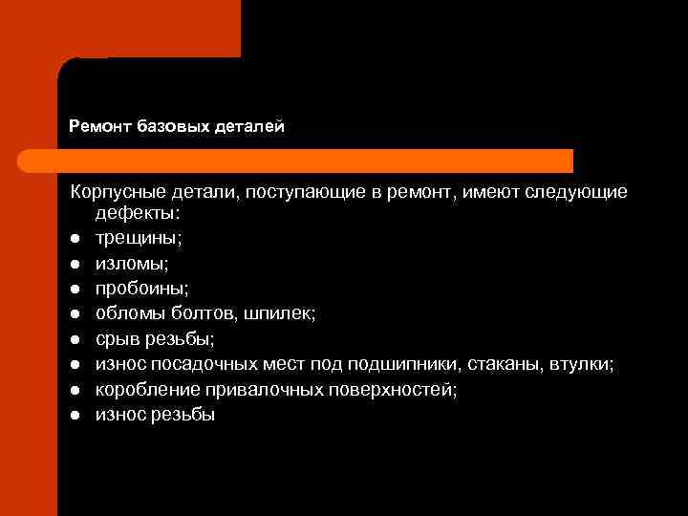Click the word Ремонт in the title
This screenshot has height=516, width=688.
tap(100, 126)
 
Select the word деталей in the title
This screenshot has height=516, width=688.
tap(252, 126)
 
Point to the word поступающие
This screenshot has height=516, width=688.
tap(303, 192)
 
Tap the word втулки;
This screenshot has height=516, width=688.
tap(585, 364)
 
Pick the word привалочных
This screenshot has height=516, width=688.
tap(261, 389)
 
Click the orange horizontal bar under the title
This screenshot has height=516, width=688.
tap(315, 161)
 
